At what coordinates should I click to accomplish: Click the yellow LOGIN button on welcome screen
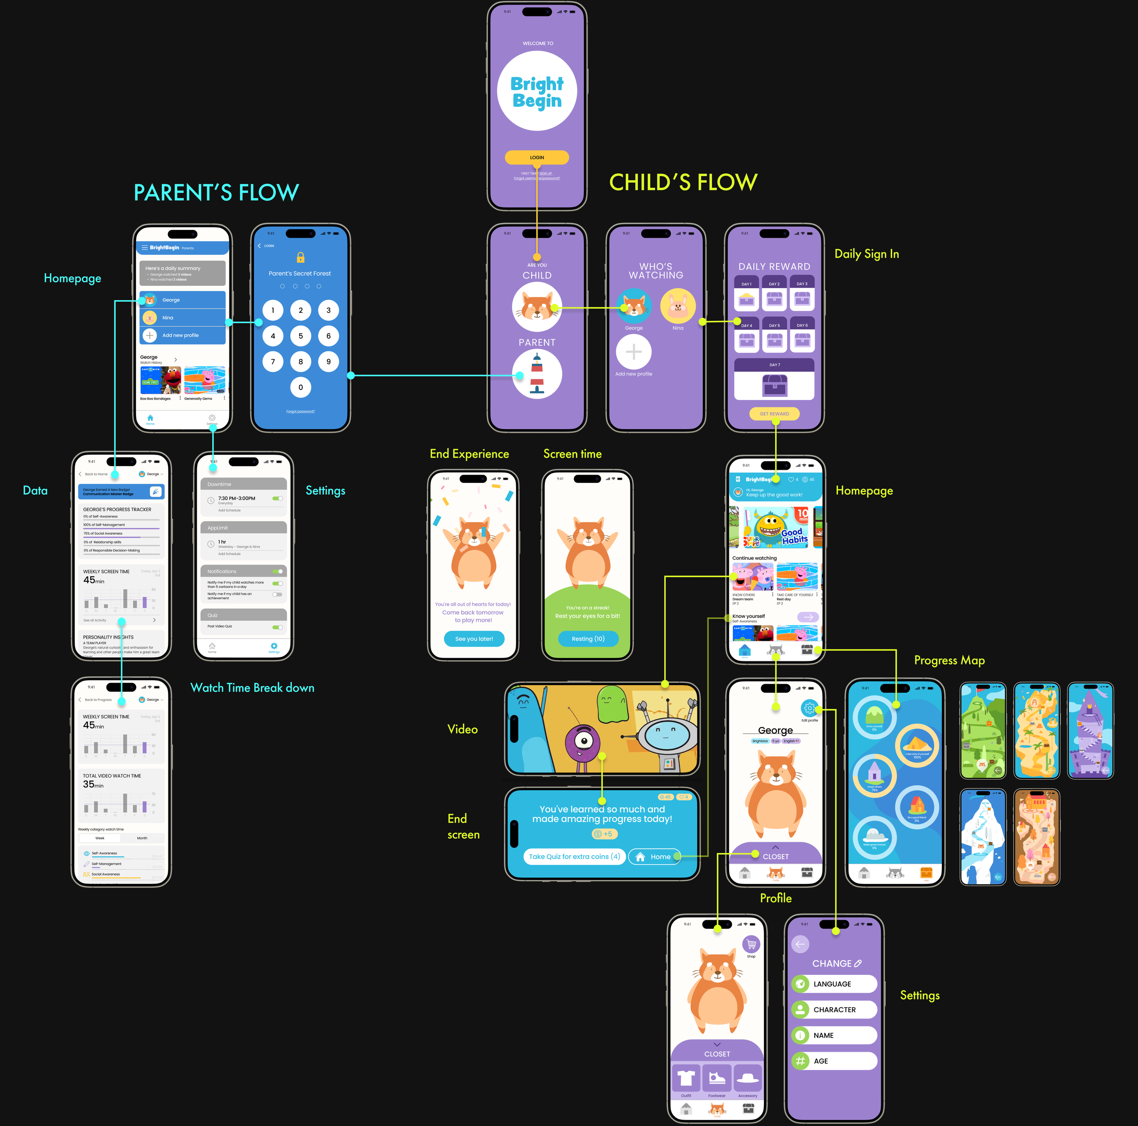pos(537,157)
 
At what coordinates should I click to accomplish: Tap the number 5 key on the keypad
pos(300,336)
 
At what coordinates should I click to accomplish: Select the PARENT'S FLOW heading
pos(216,193)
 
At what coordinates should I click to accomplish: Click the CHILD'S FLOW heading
pos(683,183)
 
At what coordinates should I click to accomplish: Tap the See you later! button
pos(473,639)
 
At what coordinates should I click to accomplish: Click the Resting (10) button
pos(588,639)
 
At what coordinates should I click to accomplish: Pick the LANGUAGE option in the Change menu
pos(834,984)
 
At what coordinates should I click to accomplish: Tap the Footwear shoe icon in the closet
pos(717,1078)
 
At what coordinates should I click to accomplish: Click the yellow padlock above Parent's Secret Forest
pos(300,257)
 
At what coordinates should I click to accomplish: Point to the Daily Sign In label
pos(866,254)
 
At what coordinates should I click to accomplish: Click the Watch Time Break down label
pos(252,688)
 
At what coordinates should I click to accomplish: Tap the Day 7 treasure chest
pos(775,386)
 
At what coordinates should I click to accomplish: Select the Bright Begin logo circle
pos(537,91)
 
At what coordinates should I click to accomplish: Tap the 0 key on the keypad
pos(300,387)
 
